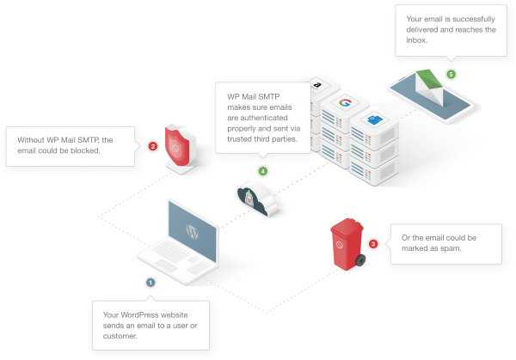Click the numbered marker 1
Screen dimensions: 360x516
pyautogui.click(x=150, y=281)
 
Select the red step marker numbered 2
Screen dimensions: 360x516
pyautogui.click(x=152, y=146)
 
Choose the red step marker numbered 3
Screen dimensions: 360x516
pyautogui.click(x=372, y=244)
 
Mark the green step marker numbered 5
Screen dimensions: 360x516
pyautogui.click(x=451, y=74)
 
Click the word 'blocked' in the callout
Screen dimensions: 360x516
pyautogui.click(x=85, y=150)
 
